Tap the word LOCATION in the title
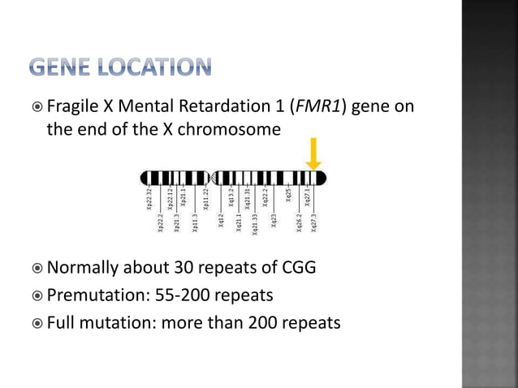coord(160,67)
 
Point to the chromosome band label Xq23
coord(274,219)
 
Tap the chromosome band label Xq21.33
coord(255,224)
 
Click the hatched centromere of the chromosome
coord(214,177)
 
